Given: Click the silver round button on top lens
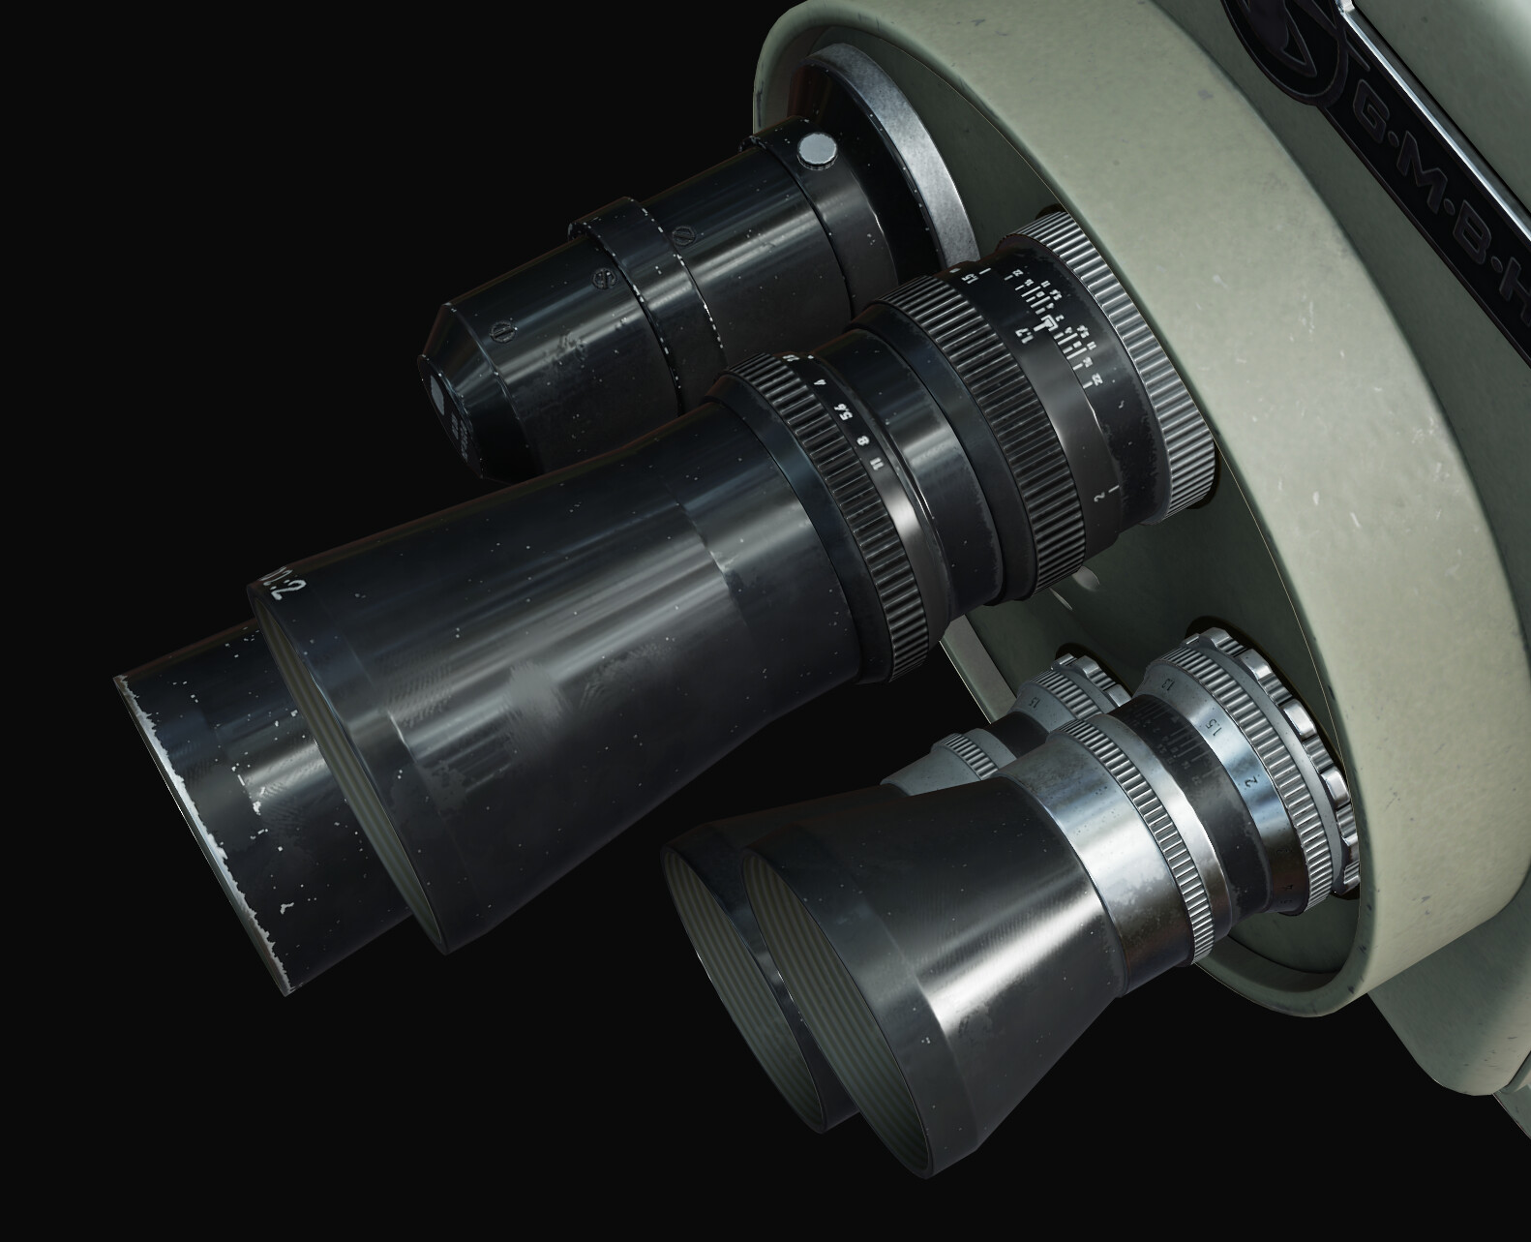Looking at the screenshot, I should (x=818, y=148).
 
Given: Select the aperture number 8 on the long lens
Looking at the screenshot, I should (x=860, y=446).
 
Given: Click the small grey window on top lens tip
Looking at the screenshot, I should (x=437, y=396).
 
